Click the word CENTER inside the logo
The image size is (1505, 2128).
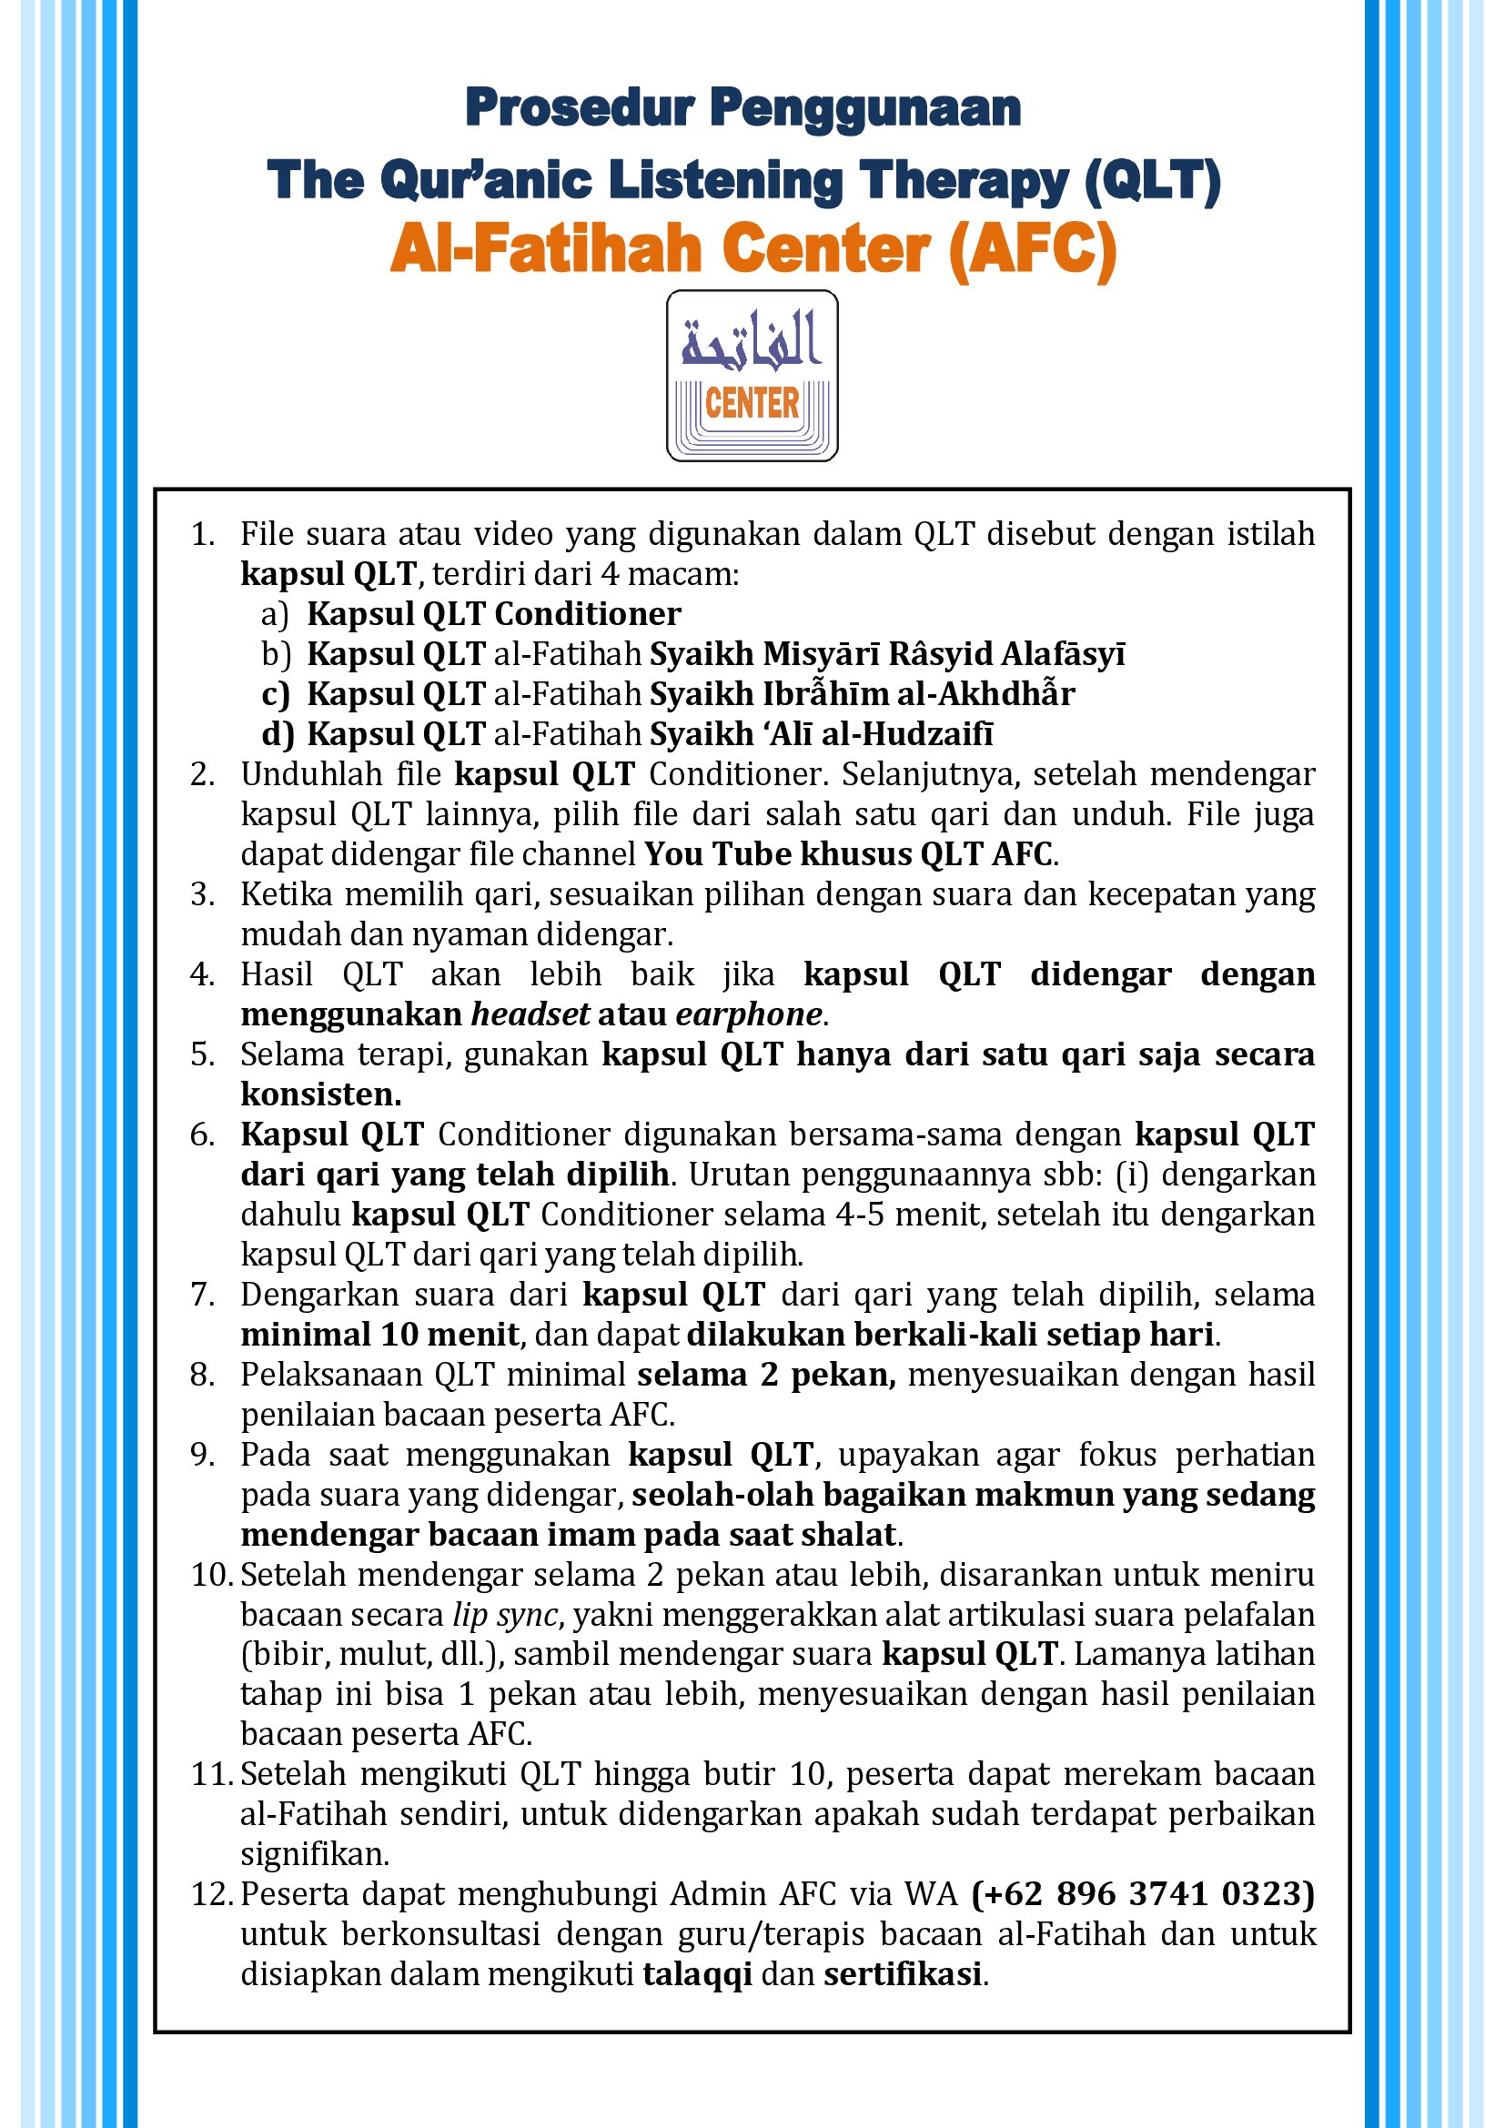point(752,403)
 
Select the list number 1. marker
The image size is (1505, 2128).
point(202,535)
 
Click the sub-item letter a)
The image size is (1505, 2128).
point(274,614)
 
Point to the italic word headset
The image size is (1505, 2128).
point(530,1014)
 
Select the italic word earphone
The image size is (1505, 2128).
point(748,1014)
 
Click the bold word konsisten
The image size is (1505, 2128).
point(320,1094)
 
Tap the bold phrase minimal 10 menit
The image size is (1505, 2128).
point(379,1335)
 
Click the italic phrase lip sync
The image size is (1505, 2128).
point(505,1615)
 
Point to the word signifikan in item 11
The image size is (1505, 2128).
point(314,1854)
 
